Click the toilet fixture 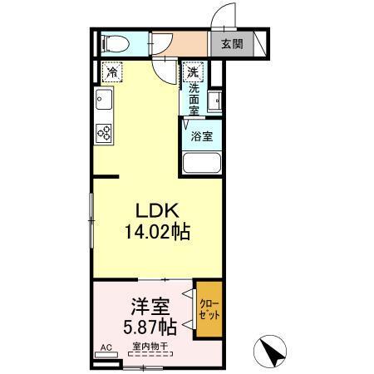pos(111,42)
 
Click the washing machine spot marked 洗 pos(192,71)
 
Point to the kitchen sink pos(104,105)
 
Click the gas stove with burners pos(104,132)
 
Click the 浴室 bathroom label pos(202,135)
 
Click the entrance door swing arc pos(220,15)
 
